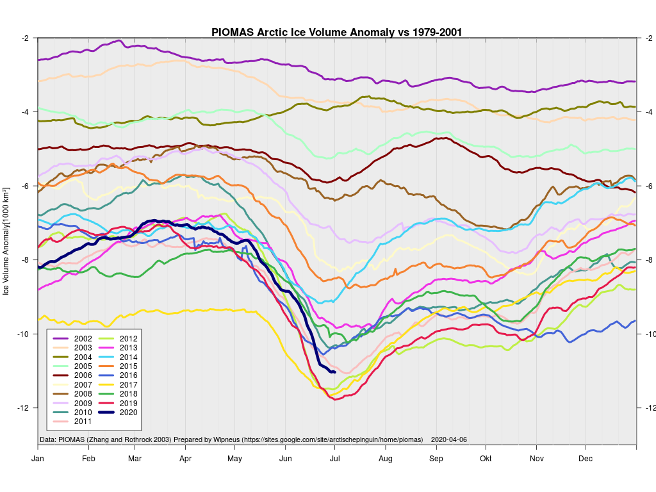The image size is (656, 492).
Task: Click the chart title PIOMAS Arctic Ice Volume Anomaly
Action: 337,31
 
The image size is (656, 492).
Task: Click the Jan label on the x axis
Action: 38,459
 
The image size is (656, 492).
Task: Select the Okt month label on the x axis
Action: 486,459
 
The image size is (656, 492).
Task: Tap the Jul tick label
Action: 335,459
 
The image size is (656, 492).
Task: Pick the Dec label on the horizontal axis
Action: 586,459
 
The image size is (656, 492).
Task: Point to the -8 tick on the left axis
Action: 25,260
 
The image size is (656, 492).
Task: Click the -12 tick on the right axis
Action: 648,408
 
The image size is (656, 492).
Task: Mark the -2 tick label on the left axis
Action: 25,38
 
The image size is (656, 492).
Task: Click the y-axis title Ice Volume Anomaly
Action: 6,241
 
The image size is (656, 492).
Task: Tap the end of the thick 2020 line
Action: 334,372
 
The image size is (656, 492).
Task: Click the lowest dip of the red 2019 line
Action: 333,400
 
